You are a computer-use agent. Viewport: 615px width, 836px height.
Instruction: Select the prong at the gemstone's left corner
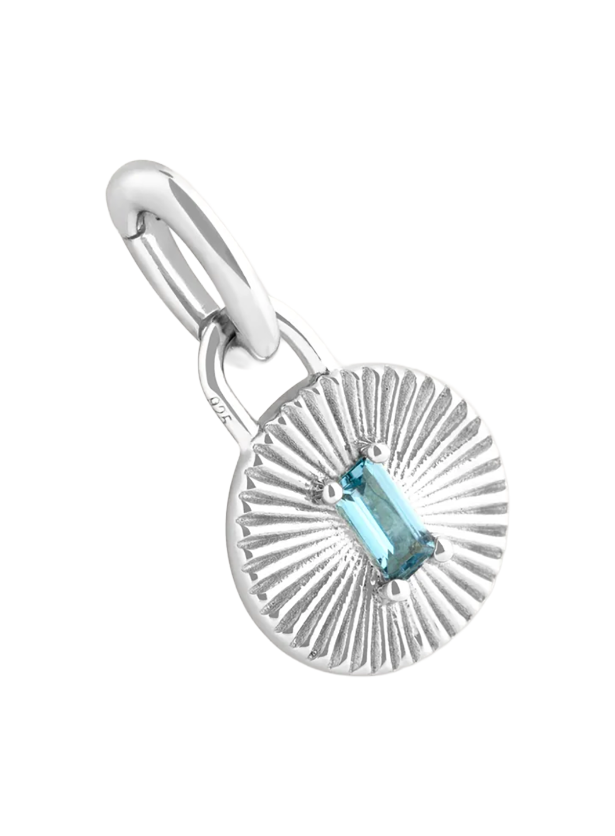[x=332, y=492]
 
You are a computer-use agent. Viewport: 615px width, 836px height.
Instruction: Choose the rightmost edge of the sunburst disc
[x=505, y=511]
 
